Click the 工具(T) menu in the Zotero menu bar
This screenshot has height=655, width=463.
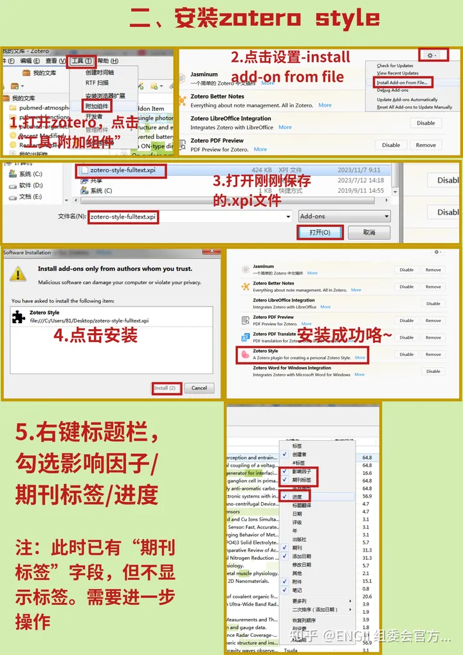pyautogui.click(x=81, y=61)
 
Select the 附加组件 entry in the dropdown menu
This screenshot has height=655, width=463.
pyautogui.click(x=98, y=105)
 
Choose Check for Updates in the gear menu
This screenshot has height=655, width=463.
pyautogui.click(x=395, y=66)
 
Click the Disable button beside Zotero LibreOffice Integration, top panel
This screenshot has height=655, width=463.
pyautogui.click(x=426, y=123)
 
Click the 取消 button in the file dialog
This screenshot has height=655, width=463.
pyautogui.click(x=368, y=232)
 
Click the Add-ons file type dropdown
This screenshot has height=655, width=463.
pyautogui.click(x=344, y=217)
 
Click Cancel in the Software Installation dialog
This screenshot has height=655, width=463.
pyautogui.click(x=199, y=388)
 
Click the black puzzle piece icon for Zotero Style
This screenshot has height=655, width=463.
pyautogui.click(x=19, y=316)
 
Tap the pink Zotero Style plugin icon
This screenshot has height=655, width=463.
pyautogui.click(x=244, y=354)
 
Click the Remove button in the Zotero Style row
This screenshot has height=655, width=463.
pyautogui.click(x=433, y=354)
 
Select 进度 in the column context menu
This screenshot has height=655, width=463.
pyautogui.click(x=297, y=497)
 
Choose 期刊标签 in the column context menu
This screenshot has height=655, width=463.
pyautogui.click(x=302, y=480)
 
